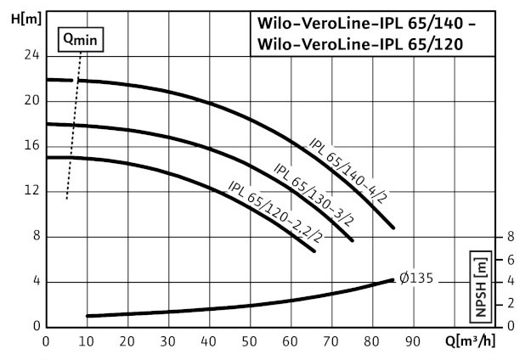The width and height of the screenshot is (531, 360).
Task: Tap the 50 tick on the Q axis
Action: click(250, 342)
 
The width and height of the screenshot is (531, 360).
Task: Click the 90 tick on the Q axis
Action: click(413, 342)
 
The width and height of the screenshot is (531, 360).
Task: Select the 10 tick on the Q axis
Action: click(87, 342)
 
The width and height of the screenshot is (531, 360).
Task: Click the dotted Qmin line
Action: click(74, 127)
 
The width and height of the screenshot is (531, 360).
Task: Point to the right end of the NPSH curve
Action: click(393, 279)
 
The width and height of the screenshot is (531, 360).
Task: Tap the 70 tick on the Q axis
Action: click(331, 342)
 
